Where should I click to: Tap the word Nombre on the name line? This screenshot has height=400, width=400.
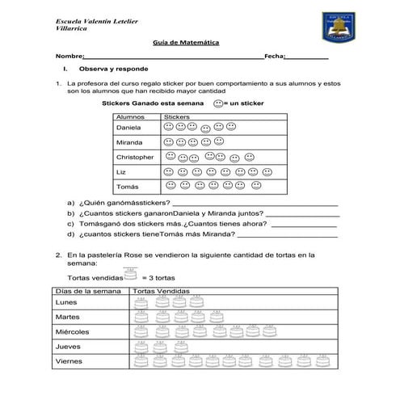click(70, 57)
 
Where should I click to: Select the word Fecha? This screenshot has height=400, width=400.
click(274, 57)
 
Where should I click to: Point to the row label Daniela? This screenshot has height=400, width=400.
click(128, 128)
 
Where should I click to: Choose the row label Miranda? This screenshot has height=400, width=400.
click(129, 142)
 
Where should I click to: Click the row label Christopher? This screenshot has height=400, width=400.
click(135, 157)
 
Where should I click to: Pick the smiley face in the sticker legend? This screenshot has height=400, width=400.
click(218, 104)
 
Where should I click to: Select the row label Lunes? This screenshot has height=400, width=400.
click(66, 302)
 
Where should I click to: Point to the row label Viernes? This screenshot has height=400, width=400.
click(69, 361)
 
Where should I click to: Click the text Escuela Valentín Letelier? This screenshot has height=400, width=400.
click(95, 19)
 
